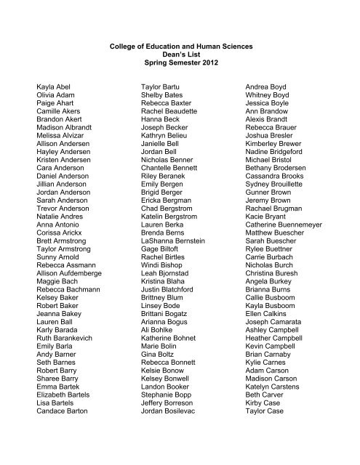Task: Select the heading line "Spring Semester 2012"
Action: [x=179, y=66]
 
